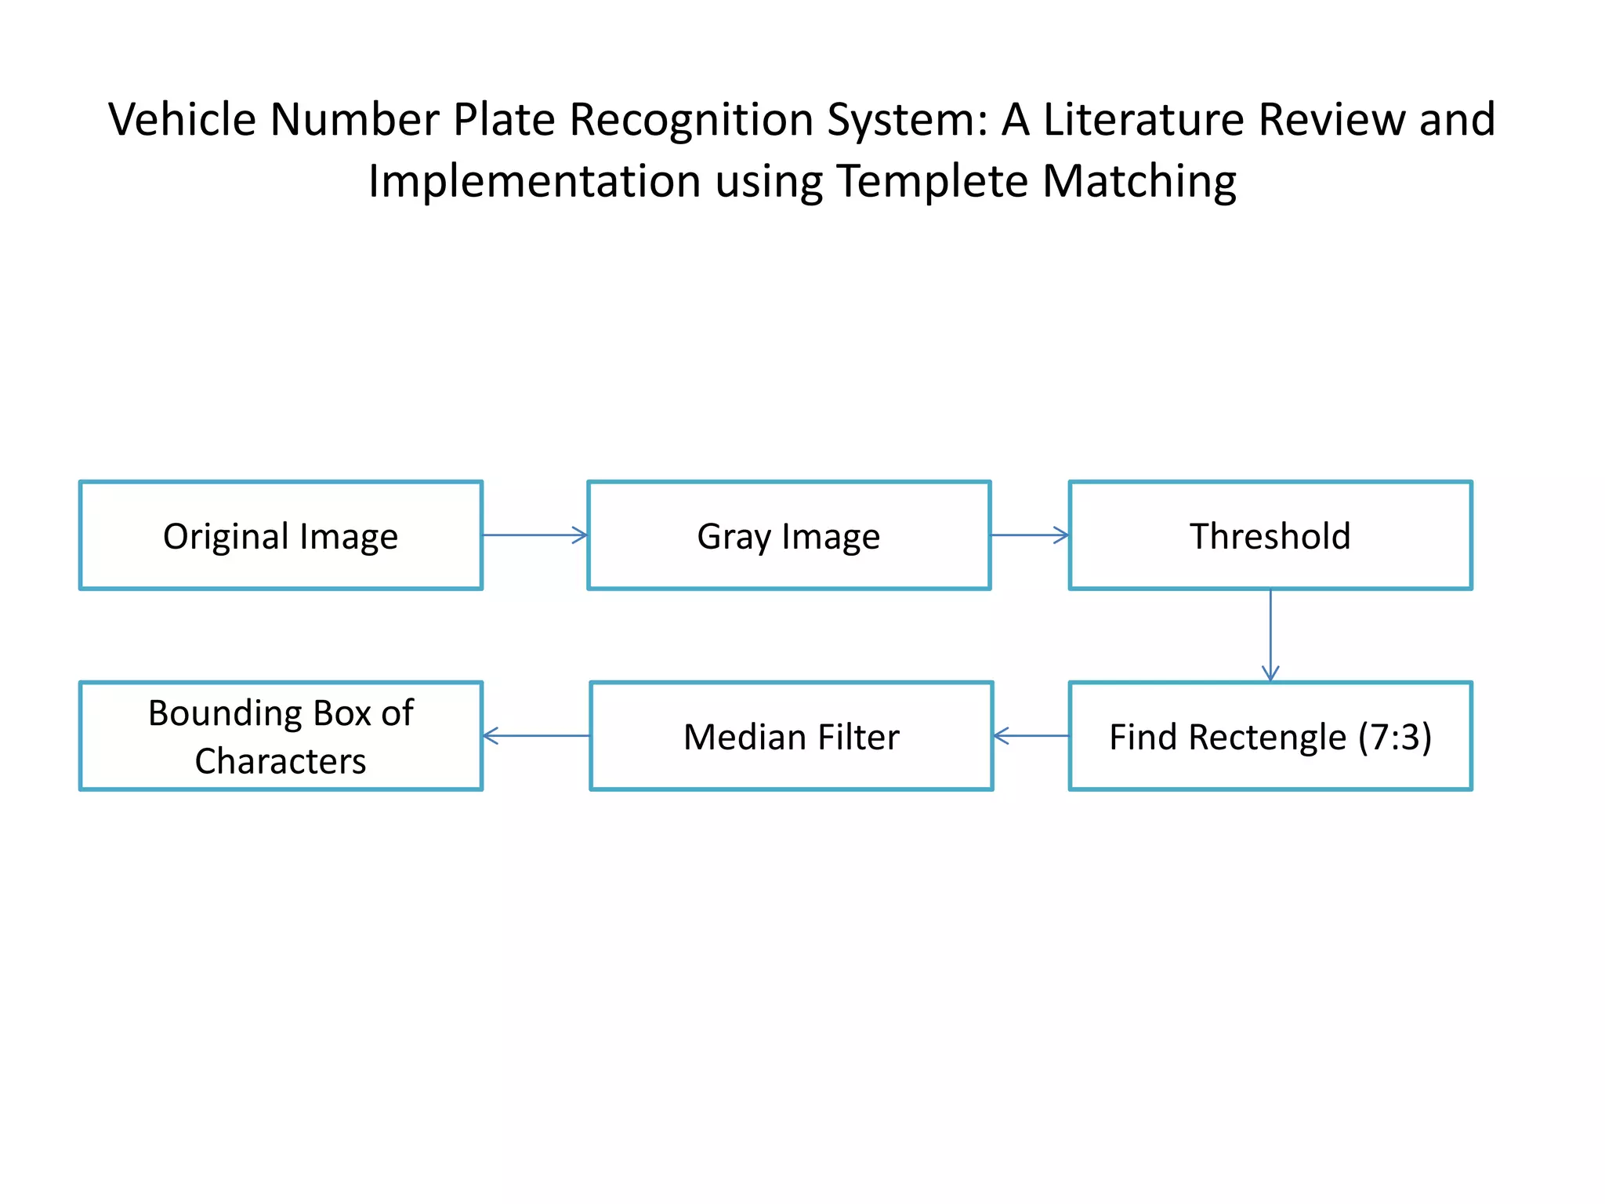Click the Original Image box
pyautogui.click(x=281, y=535)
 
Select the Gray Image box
pyautogui.click(x=788, y=535)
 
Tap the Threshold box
pyautogui.click(x=1270, y=535)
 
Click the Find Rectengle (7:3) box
pyautogui.click(x=1270, y=736)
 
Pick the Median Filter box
pyautogui.click(x=791, y=736)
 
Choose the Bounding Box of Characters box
pyautogui.click(x=281, y=736)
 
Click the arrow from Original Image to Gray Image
pyautogui.click(x=534, y=535)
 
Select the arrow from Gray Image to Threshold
pyautogui.click(x=1029, y=535)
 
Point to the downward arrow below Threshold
pyautogui.click(x=1270, y=635)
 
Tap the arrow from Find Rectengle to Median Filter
pyautogui.click(x=1031, y=735)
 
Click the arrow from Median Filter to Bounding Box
pyautogui.click(x=536, y=735)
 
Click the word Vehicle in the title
pyautogui.click(x=182, y=120)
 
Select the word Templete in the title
pyautogui.click(x=932, y=181)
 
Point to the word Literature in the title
pyautogui.click(x=1144, y=120)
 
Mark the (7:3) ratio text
pyautogui.click(x=1394, y=737)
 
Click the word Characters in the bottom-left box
pyautogui.click(x=280, y=761)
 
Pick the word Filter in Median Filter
pyautogui.click(x=858, y=737)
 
